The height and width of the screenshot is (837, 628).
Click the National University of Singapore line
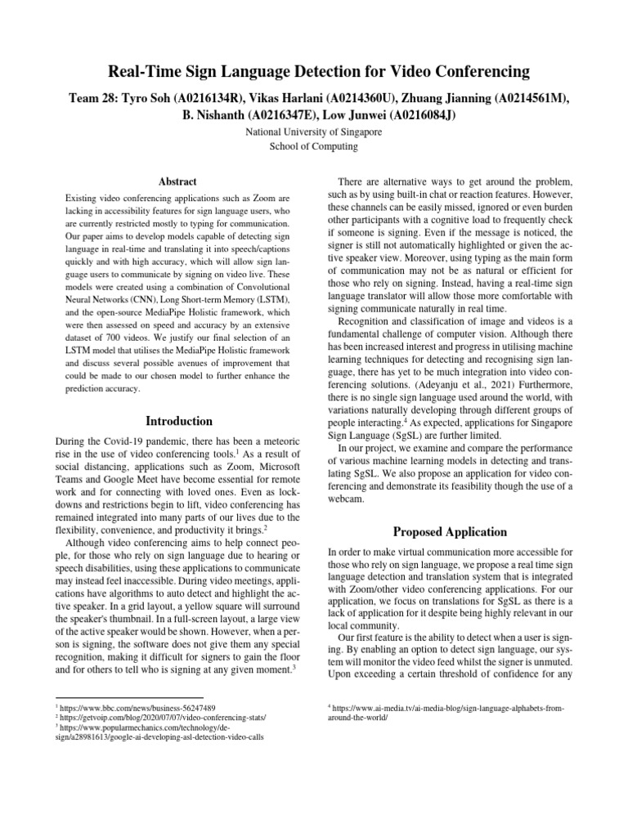313,132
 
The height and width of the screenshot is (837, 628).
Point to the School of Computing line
313,146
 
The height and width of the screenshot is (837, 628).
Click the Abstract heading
178,182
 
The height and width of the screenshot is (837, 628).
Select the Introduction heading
178,421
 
